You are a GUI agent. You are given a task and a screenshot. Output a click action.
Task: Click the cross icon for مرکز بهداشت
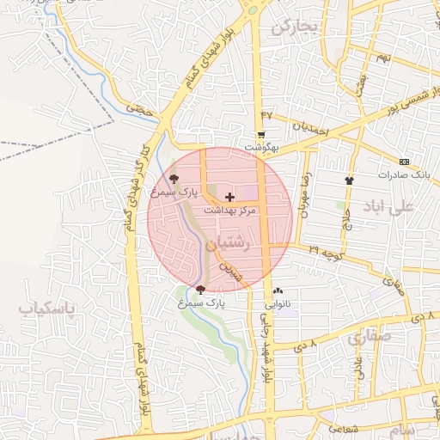tap(229, 197)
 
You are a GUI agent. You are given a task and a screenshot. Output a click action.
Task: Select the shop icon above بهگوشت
tap(260, 135)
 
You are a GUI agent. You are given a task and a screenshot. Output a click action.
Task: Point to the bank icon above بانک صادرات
tap(405, 162)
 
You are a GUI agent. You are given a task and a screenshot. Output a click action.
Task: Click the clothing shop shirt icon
tap(349, 180)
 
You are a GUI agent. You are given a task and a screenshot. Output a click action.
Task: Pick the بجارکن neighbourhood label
tap(294, 27)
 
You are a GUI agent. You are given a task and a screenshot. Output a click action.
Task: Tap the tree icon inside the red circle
tap(174, 180)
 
